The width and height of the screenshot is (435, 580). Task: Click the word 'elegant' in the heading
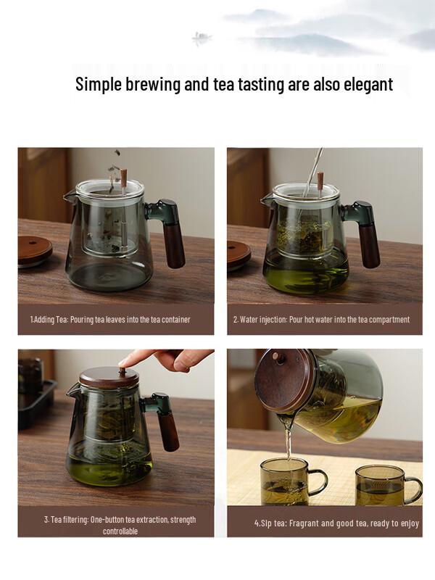click(x=362, y=84)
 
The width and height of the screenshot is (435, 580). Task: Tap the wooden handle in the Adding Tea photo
click(x=175, y=246)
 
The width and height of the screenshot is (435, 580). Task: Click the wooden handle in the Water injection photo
click(x=368, y=246)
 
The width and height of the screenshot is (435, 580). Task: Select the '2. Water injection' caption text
click(x=321, y=319)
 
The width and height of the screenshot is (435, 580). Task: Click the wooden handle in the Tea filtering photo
click(x=168, y=431)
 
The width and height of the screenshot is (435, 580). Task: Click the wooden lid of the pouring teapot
click(x=279, y=381)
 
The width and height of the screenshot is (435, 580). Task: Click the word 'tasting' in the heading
click(x=241, y=84)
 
